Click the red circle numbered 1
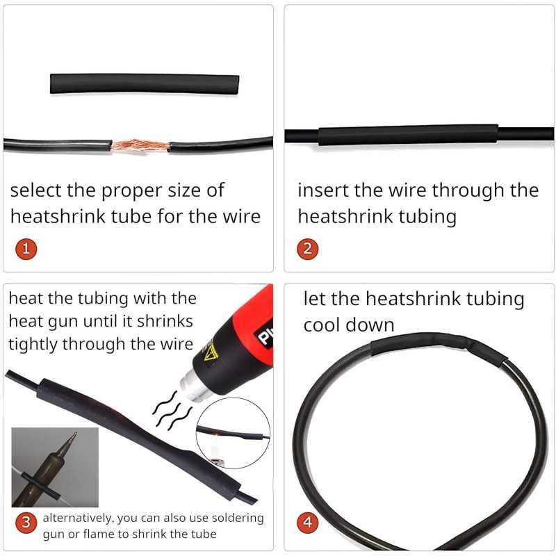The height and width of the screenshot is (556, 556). click(x=26, y=249)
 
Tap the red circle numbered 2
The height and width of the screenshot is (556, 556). click(x=307, y=249)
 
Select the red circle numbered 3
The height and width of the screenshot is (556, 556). click(x=26, y=523)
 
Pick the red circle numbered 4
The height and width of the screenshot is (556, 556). click(x=307, y=523)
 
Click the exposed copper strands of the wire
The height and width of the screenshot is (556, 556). click(x=140, y=145)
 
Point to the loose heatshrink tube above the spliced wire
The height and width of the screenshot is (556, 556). click(x=145, y=84)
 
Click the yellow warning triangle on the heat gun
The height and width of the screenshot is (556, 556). click(x=211, y=353)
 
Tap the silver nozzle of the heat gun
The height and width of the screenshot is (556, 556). click(x=194, y=386)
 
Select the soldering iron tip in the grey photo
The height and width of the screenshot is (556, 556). click(x=69, y=443)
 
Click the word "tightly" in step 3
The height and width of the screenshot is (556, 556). click(x=32, y=345)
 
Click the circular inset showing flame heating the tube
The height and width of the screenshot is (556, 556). click(x=233, y=433)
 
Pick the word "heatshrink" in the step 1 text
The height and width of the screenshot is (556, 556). click(x=58, y=216)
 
